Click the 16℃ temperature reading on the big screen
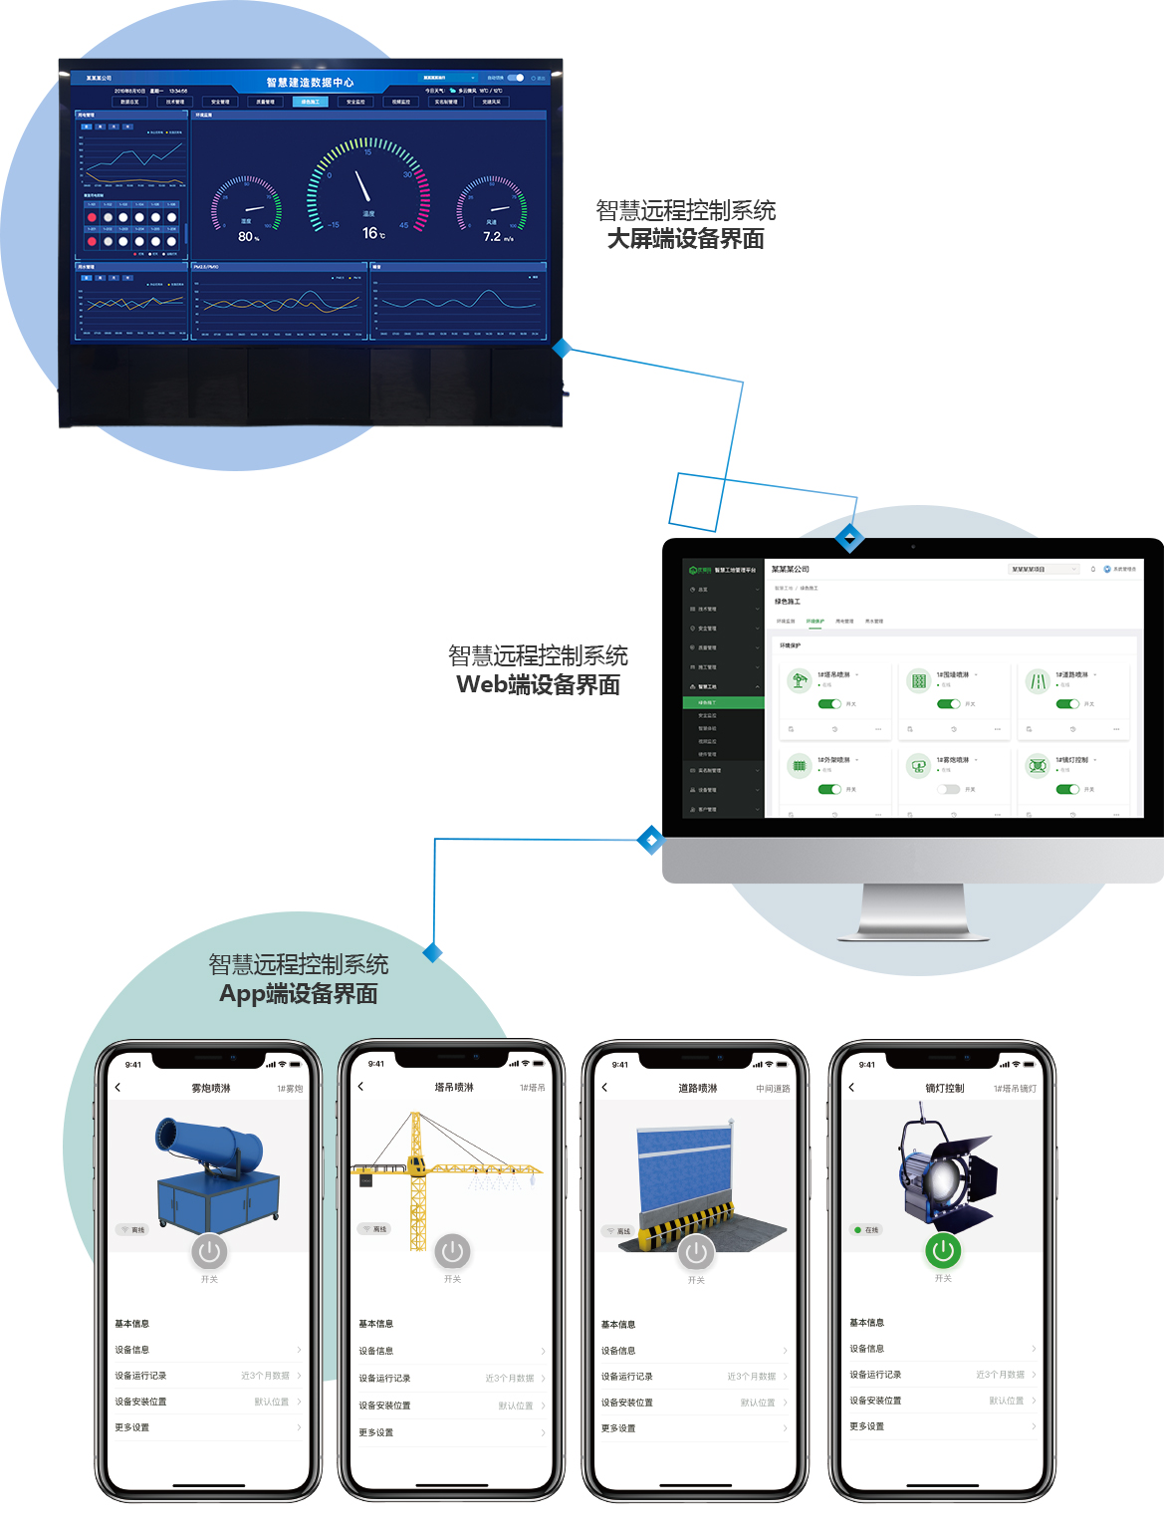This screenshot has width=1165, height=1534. (372, 233)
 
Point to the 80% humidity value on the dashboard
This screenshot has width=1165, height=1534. (248, 237)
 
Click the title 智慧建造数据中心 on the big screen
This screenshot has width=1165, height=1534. (310, 82)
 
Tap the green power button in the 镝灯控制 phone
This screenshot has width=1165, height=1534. (943, 1250)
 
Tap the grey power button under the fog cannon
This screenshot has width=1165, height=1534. (209, 1251)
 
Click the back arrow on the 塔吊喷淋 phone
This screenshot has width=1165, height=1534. (360, 1087)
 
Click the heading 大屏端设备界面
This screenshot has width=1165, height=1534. (685, 239)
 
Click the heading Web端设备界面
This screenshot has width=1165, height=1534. (538, 685)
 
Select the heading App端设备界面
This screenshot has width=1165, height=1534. (298, 994)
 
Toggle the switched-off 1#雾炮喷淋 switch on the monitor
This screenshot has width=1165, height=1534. (948, 789)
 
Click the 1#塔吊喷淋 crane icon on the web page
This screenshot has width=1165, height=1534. (799, 680)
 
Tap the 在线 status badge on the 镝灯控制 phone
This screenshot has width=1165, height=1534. (866, 1230)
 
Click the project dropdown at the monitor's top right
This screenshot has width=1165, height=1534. (1044, 570)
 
